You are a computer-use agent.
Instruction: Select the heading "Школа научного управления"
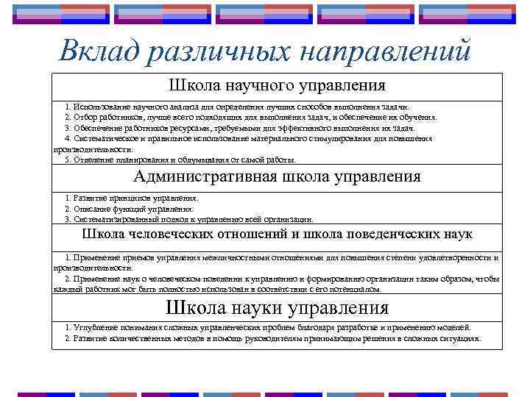click(277, 86)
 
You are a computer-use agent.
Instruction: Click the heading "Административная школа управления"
click(277, 176)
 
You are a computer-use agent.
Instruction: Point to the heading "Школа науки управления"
click(277, 307)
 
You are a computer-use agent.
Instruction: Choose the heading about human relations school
click(277, 235)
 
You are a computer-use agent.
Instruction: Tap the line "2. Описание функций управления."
click(130, 209)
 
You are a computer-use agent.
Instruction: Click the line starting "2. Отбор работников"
click(250, 117)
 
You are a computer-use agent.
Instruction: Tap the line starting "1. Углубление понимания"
click(266, 327)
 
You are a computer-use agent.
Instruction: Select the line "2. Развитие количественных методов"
click(272, 338)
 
